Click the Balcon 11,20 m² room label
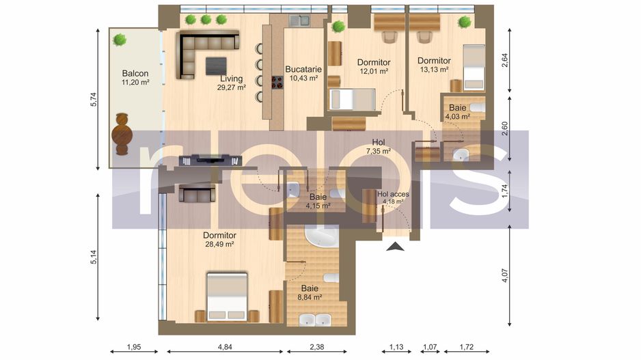tap(135, 78)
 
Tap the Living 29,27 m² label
tap(231, 83)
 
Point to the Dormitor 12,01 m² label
tap(372, 66)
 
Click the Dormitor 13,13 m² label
tap(434, 64)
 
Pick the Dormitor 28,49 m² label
tap(219, 239)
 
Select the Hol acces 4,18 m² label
tap(393, 198)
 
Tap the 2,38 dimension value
tap(316, 347)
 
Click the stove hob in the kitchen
tap(278, 82)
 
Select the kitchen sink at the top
tap(299, 20)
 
